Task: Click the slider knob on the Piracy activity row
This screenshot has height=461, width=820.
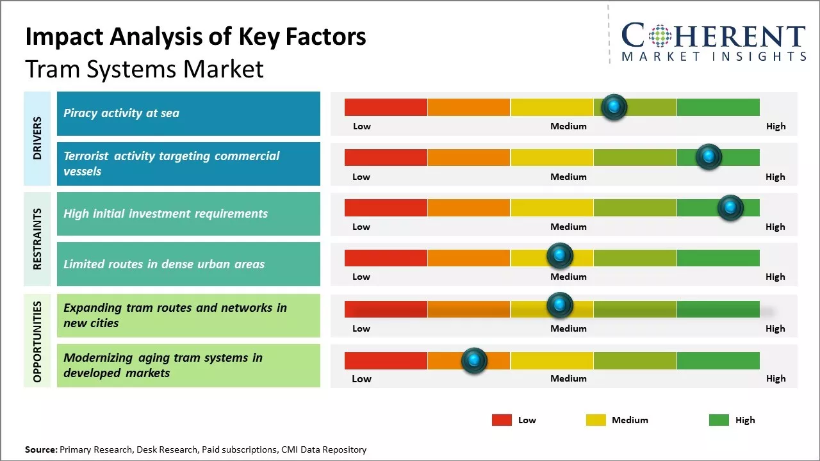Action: point(614,107)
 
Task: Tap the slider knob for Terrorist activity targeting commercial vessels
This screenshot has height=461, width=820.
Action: point(709,157)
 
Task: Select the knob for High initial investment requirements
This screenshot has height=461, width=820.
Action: point(730,207)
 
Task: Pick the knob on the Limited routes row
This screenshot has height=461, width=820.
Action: point(560,256)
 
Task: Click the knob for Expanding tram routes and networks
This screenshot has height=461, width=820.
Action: point(560,305)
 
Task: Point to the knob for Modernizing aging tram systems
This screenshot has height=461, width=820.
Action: point(474,360)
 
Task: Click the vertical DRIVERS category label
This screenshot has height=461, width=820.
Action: point(37,138)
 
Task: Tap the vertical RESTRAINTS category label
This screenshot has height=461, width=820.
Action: point(37,239)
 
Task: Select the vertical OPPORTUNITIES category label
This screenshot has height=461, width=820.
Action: point(37,341)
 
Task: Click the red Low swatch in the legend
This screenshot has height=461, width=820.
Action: point(502,420)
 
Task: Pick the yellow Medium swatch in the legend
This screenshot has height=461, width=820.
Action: point(596,420)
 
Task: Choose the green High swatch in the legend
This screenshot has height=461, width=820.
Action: point(719,420)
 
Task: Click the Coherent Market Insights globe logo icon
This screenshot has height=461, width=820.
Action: point(660,36)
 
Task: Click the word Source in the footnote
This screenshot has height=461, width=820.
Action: point(40,449)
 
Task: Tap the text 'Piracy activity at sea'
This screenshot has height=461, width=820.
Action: point(121,113)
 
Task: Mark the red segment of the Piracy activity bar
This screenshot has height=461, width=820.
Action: point(386,107)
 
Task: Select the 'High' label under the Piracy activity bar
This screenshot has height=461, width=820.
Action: point(775,126)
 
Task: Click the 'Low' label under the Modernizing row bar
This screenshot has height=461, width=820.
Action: point(361,378)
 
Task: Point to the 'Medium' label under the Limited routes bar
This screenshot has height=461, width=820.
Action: point(568,277)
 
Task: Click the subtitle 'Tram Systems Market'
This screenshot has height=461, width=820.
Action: point(144,69)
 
